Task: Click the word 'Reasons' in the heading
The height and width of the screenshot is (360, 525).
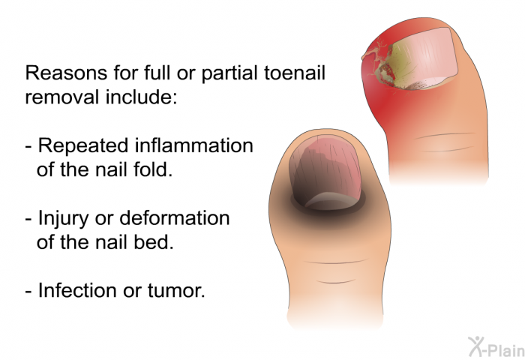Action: click(66, 73)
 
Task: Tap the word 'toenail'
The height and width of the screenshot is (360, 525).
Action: click(295, 73)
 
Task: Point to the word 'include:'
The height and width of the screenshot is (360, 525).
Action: click(141, 97)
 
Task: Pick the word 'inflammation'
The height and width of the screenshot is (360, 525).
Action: click(194, 145)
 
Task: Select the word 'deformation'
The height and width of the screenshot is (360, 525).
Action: click(175, 218)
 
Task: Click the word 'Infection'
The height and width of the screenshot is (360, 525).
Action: click(77, 290)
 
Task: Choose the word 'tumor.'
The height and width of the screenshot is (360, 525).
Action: click(176, 291)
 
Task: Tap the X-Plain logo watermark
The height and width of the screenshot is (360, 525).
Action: click(496, 346)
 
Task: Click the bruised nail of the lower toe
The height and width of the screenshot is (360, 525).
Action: click(326, 171)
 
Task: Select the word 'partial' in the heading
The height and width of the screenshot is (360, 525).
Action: click(230, 73)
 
